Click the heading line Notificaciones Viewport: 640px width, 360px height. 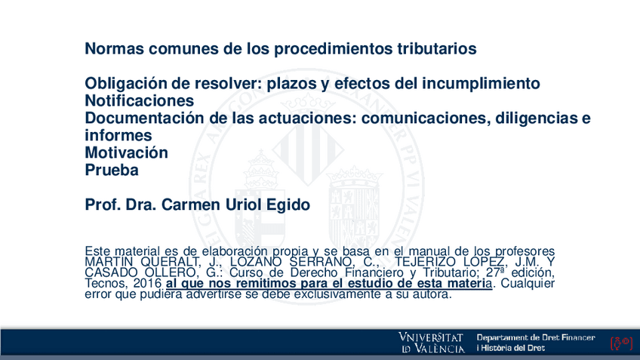139,101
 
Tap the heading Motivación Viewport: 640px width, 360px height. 126,153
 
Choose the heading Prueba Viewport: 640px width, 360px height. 112,171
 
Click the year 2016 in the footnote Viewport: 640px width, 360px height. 147,283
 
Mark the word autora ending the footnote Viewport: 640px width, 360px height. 432,294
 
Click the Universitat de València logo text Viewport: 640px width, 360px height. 432,343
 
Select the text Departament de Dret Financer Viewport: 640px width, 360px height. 535,337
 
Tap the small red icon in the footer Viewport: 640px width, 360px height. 620,343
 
